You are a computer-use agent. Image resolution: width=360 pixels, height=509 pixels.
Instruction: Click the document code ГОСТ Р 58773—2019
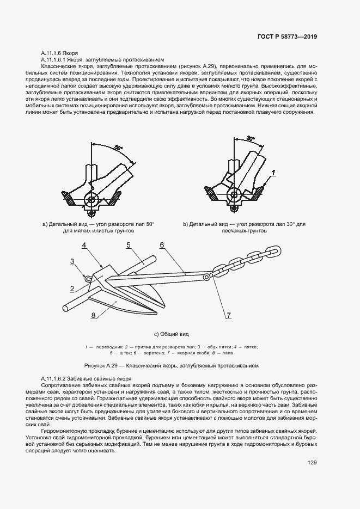point(286,36)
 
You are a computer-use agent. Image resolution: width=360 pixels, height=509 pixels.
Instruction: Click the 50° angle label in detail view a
point(119,148)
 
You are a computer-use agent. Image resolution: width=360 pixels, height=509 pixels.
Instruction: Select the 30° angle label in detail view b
point(250,139)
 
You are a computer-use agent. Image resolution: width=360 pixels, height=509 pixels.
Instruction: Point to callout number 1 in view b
point(273,172)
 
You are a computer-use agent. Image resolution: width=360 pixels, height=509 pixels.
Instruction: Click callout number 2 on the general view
point(71,288)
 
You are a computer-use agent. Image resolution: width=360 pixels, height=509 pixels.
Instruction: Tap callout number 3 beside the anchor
point(72,262)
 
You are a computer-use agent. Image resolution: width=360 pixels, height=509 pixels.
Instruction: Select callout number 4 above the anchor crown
point(84,246)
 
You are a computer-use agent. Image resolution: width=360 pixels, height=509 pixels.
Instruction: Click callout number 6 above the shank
point(162,245)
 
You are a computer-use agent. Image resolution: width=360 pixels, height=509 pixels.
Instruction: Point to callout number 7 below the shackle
point(229,315)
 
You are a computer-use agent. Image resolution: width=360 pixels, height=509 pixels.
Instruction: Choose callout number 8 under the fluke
point(94,315)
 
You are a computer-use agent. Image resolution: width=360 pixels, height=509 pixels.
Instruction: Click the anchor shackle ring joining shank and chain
point(206,278)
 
